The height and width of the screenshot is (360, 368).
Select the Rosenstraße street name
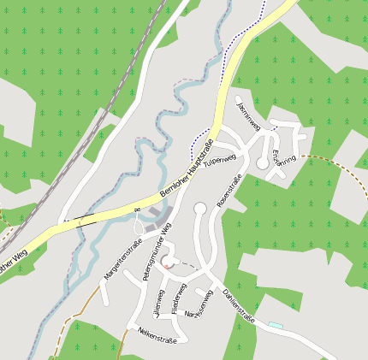pos(231,189)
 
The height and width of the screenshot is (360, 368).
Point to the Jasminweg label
pos(247,115)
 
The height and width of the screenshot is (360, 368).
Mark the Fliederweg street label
pos(178,298)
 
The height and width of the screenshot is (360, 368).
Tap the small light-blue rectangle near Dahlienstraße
pos(276,325)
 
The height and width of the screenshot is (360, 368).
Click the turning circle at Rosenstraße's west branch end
pos(200,208)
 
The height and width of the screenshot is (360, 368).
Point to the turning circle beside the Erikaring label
pos(262,162)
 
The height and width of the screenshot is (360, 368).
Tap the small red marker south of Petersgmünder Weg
pos(166,267)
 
